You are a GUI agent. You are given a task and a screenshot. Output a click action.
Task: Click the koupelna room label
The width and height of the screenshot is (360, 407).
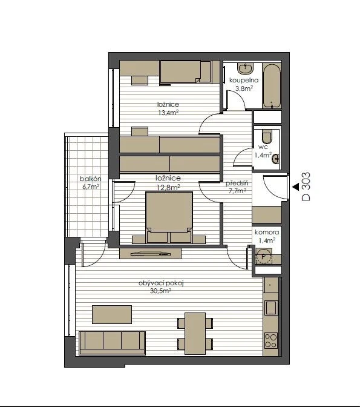pyautogui.click(x=244, y=80)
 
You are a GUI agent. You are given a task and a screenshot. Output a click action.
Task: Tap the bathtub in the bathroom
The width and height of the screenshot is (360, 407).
pyautogui.click(x=272, y=86)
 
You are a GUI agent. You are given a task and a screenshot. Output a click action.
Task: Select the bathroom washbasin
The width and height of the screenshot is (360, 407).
pyautogui.click(x=245, y=69)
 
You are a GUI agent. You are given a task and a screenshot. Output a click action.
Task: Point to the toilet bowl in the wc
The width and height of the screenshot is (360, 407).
pyautogui.click(x=267, y=136)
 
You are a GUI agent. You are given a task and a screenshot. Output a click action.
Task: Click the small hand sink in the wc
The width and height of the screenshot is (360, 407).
pyautogui.click(x=276, y=158)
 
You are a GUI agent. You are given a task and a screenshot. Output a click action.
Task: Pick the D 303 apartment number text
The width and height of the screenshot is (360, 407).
pyautogui.click(x=306, y=187)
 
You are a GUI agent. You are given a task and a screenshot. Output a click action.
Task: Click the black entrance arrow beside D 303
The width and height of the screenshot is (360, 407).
pyautogui.click(x=295, y=187)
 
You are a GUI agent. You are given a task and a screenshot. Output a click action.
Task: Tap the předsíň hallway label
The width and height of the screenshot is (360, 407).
pyautogui.click(x=237, y=184)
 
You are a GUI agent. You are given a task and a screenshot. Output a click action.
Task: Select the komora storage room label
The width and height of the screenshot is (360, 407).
pyautogui.click(x=267, y=233)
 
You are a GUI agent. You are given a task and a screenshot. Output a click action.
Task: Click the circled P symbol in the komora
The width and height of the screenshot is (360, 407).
pyautogui.click(x=264, y=256)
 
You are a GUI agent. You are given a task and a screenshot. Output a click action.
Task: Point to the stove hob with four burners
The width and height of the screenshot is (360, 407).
pyautogui.click(x=271, y=340)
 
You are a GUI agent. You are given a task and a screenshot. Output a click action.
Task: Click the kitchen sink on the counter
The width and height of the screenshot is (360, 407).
pyautogui.click(x=271, y=308)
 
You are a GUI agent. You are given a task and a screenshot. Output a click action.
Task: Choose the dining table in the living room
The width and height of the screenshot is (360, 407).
pyautogui.click(x=195, y=334)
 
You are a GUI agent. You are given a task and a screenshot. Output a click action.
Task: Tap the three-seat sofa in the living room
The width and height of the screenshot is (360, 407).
pyautogui.click(x=112, y=343)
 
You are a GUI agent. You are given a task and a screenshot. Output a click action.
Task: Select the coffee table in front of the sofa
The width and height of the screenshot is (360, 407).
pyautogui.click(x=112, y=314)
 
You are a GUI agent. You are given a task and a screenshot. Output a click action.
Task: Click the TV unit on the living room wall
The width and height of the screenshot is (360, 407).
pyautogui.click(x=150, y=253)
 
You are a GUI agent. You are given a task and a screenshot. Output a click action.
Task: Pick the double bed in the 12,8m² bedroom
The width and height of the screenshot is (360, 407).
pyautogui.click(x=169, y=217)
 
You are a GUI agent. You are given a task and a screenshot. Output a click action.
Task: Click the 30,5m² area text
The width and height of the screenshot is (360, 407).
pyautogui.click(x=160, y=291)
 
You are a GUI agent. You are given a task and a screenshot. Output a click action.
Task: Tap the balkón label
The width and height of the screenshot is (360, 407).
pyautogui.click(x=91, y=179)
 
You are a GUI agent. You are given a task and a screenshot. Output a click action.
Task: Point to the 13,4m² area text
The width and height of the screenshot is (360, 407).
pyautogui.click(x=168, y=113)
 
